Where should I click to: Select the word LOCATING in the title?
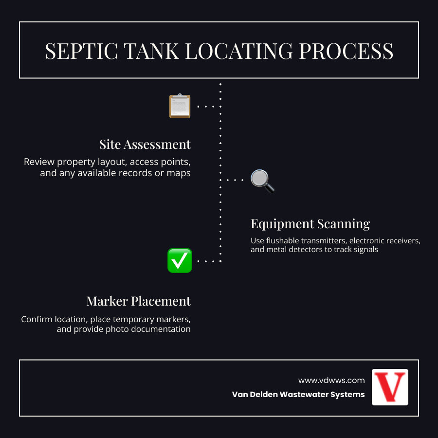coord(238,51)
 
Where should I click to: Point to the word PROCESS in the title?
coord(346,51)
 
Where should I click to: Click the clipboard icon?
coord(180,106)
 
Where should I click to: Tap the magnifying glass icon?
coord(262,181)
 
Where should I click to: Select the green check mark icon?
coord(180,261)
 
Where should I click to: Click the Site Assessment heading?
coord(145,145)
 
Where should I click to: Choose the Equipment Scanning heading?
coord(310,224)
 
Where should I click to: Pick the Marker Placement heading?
coord(139,301)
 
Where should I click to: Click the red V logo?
coord(390,387)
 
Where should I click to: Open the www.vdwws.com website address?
coord(331,380)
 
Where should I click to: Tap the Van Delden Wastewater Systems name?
coord(298,395)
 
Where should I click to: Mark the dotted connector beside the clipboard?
coord(209,106)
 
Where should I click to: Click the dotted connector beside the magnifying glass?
coord(236,180)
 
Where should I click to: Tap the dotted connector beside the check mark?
coord(209,261)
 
